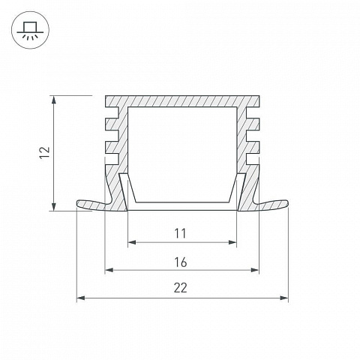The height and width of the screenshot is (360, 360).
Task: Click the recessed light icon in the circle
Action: pyautogui.click(x=30, y=30)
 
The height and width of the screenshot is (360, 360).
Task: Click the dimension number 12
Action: pyautogui.click(x=45, y=152)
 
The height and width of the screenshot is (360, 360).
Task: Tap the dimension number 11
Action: pyautogui.click(x=180, y=233)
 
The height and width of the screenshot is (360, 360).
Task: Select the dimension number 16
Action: pyautogui.click(x=181, y=262)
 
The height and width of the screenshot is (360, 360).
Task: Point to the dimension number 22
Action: pyautogui.click(x=181, y=288)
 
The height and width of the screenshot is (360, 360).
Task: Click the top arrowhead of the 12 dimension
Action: pyautogui.click(x=53, y=99)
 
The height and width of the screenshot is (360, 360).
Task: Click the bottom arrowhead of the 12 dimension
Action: pyautogui.click(x=53, y=207)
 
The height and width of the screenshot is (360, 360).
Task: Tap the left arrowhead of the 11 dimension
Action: pyautogui.click(x=132, y=242)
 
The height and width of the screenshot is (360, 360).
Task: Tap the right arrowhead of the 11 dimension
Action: pyautogui.click(x=232, y=242)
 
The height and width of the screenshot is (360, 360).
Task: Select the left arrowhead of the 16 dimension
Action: pyautogui.click(x=109, y=270)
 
